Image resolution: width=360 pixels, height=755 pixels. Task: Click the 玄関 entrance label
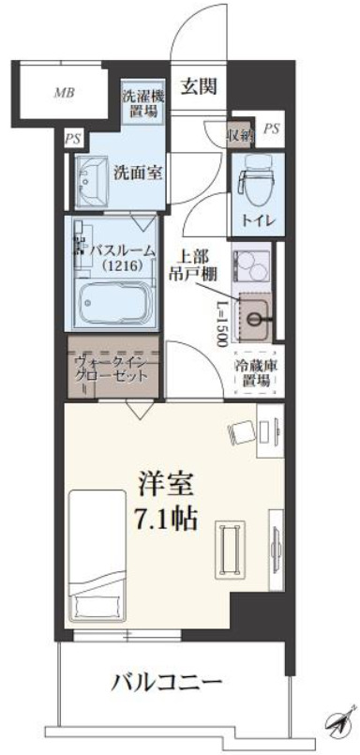pos(199,87)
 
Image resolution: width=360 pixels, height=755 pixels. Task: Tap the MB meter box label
pos(64,93)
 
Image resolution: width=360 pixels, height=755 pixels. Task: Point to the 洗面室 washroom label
pos(134,173)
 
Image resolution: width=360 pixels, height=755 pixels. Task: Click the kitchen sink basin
pos(255,314)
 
